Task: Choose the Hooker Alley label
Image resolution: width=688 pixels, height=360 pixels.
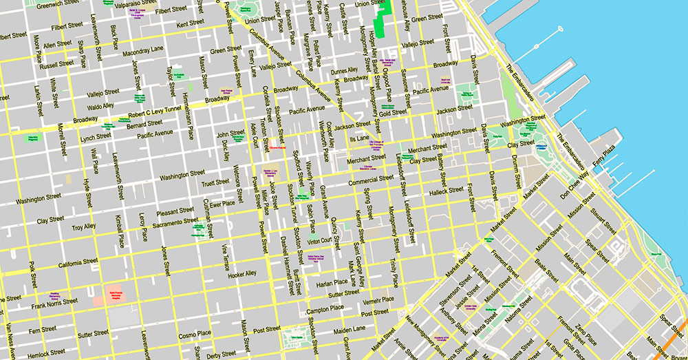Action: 241,274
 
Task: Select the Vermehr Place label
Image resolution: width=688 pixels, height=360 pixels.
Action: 378,299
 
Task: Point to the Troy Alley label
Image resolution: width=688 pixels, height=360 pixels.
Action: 84,226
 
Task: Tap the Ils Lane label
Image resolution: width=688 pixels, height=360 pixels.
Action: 359,138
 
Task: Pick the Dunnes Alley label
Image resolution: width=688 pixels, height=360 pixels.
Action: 344,70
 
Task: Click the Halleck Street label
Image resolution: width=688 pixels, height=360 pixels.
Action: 447,190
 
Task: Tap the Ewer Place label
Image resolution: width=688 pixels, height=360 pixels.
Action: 222,204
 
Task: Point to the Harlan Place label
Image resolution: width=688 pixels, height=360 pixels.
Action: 332,282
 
